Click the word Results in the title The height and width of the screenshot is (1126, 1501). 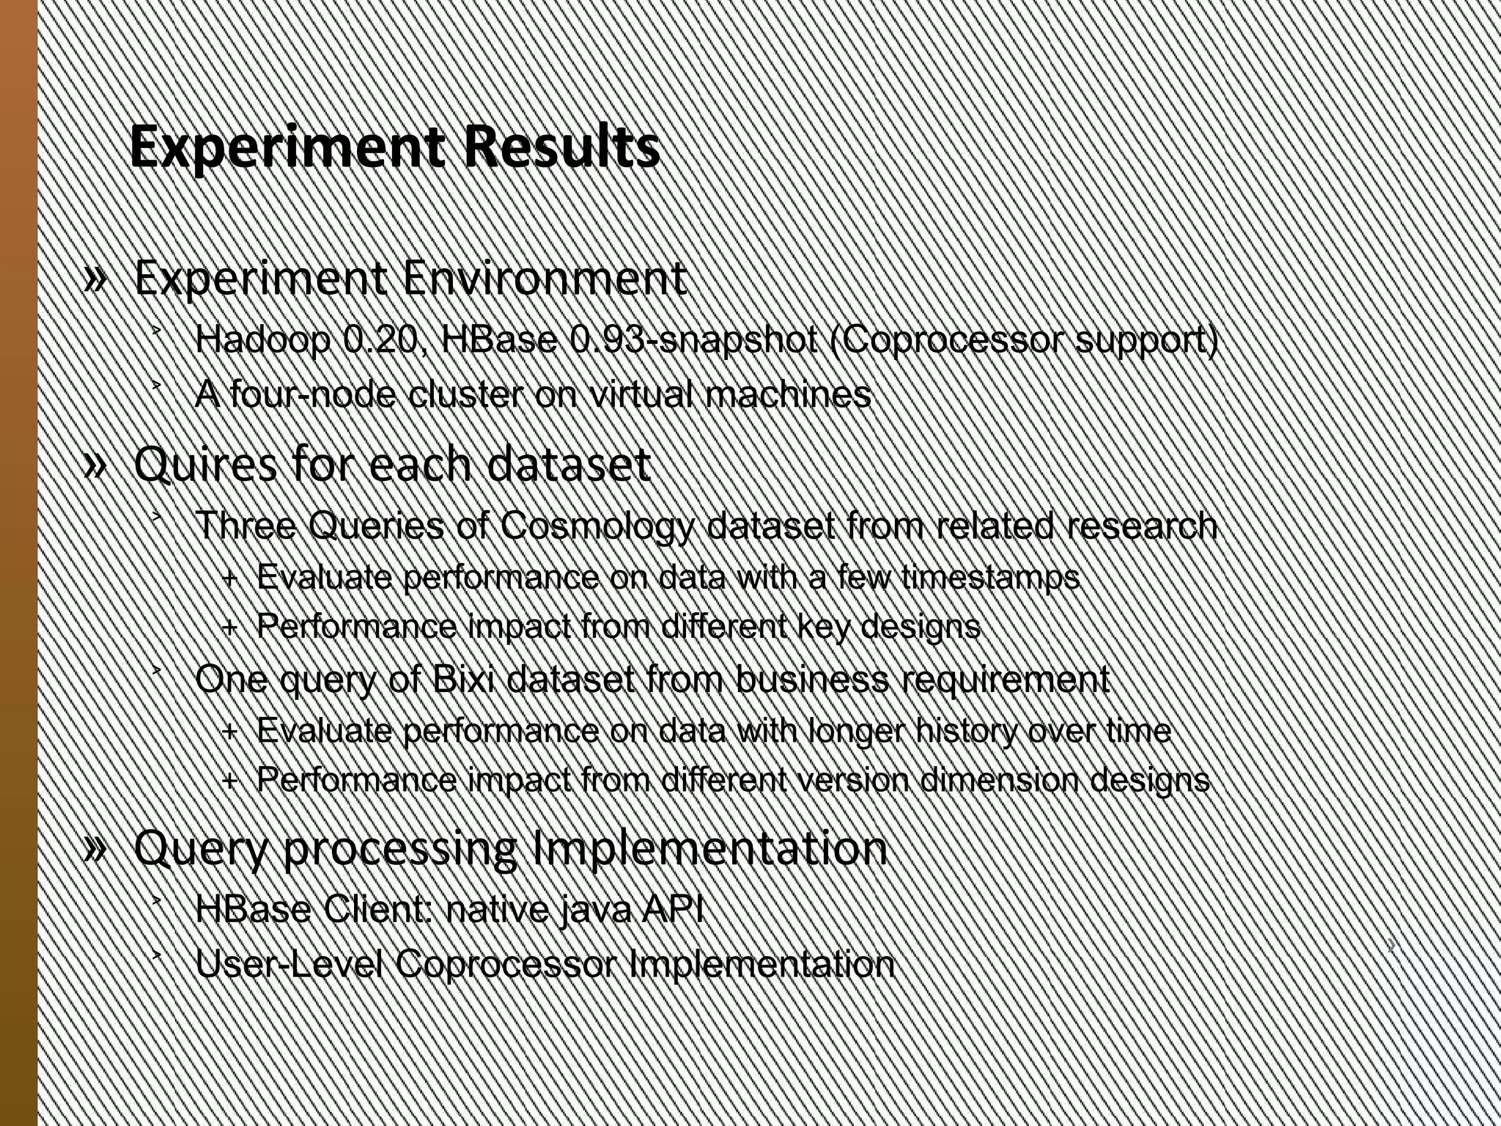click(x=561, y=147)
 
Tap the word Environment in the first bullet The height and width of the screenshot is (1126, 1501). click(x=545, y=279)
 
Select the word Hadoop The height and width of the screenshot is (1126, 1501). click(x=263, y=339)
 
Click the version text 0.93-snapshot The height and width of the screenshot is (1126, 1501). click(x=693, y=339)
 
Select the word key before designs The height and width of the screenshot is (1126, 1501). click(x=822, y=627)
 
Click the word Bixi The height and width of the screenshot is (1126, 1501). click(x=463, y=680)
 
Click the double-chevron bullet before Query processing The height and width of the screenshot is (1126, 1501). click(x=96, y=849)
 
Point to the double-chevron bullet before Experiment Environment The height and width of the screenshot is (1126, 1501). click(x=96, y=279)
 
